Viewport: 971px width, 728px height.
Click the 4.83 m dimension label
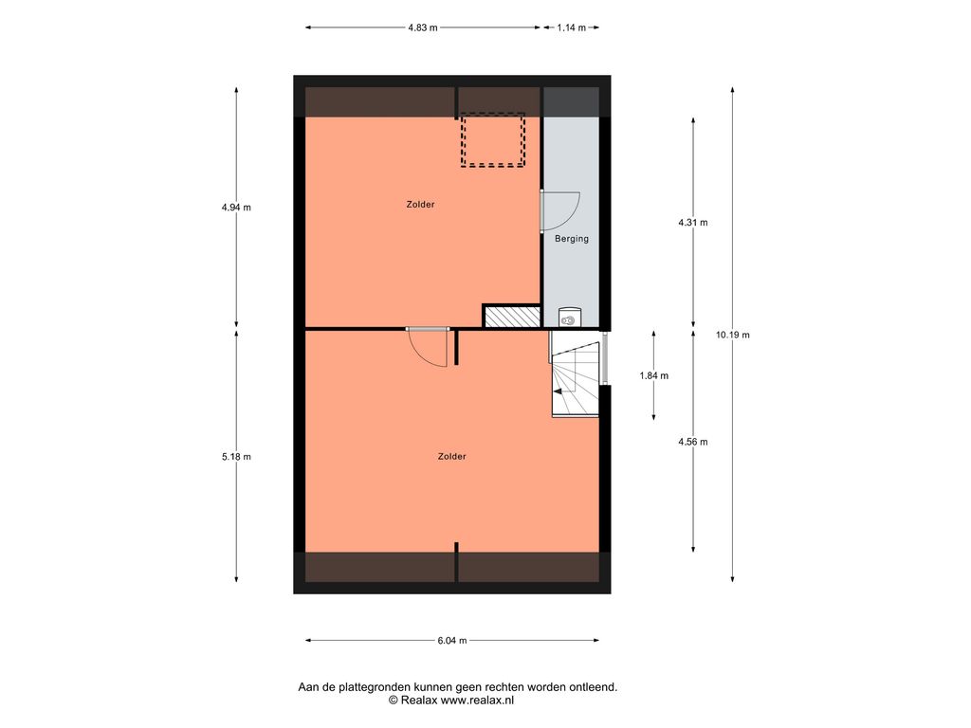[x=422, y=27]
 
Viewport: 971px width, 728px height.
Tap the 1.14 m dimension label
[x=571, y=27]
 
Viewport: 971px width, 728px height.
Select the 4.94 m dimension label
[x=236, y=208]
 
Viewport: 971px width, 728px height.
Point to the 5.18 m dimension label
[x=236, y=457]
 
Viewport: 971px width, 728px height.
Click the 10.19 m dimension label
[x=733, y=335]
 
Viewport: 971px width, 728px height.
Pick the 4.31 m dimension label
[x=693, y=222]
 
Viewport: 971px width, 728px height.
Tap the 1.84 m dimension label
[x=654, y=375]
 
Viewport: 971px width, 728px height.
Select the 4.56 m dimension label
[x=693, y=442]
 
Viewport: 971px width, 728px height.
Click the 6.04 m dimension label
[x=452, y=641]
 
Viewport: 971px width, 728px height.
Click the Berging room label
[x=572, y=238]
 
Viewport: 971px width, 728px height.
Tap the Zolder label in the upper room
[x=420, y=205]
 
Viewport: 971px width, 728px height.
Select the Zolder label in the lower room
[x=452, y=456]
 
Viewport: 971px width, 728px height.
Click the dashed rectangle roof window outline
[x=492, y=114]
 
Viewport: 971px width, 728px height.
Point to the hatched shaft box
[x=511, y=317]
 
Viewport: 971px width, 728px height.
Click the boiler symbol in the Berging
[x=568, y=317]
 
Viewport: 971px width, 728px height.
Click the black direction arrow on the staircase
[x=558, y=391]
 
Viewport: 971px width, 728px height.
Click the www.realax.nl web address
[x=477, y=701]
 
